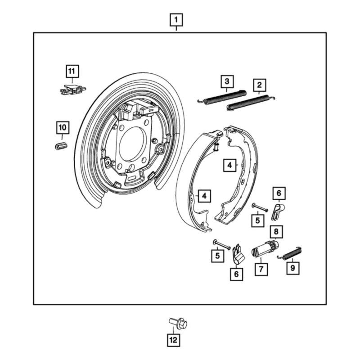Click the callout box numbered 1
pos(176,20)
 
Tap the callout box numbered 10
pos(62,128)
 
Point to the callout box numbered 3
pos(227,81)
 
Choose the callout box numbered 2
pos(259,84)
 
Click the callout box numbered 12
pos(173,340)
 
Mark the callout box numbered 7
pos(261,269)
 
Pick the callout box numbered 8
pos(276,232)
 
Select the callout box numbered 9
pos(292,269)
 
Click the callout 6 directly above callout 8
pos(279,193)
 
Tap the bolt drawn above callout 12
pos(178,323)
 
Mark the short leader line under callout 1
pos(176,29)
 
